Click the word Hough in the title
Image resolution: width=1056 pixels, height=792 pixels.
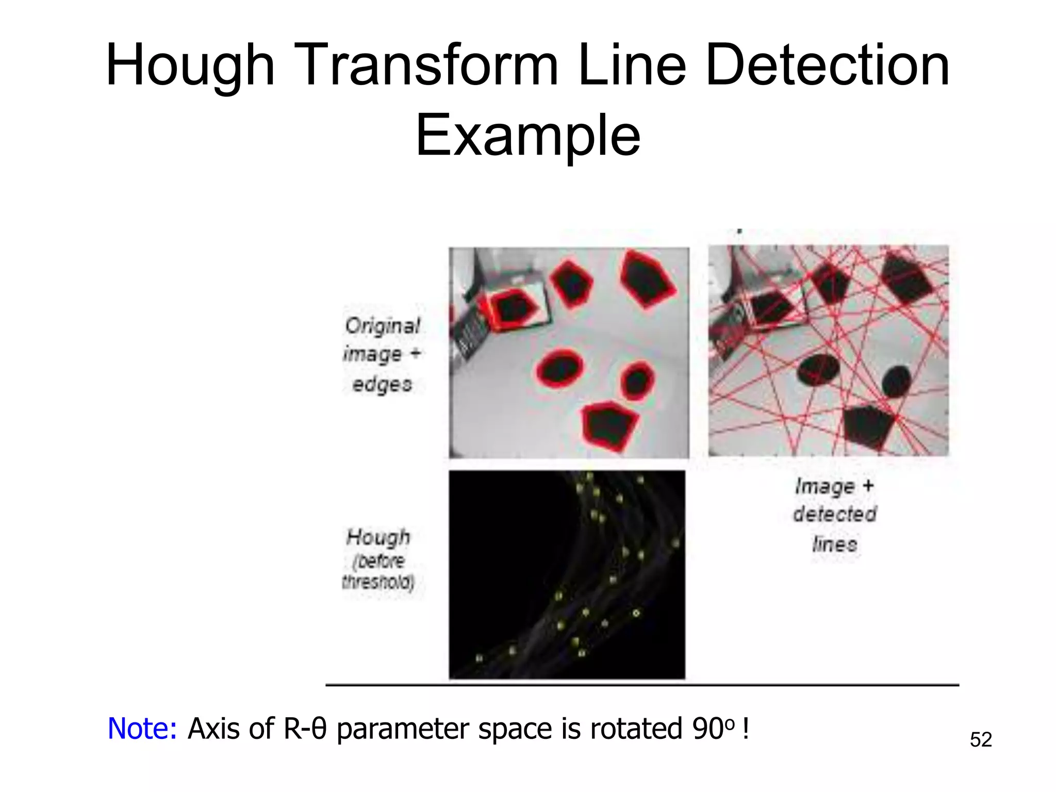pos(190,66)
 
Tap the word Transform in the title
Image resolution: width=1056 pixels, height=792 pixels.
pos(427,66)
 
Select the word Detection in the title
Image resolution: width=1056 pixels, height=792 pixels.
pos(827,66)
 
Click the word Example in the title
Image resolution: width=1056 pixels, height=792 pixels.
pos(528,136)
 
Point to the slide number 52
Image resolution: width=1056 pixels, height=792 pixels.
pos(980,740)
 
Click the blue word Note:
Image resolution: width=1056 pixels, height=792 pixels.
pos(142,729)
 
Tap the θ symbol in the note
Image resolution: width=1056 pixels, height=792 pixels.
pos(319,729)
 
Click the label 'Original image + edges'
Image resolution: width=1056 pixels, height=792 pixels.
pos(382,355)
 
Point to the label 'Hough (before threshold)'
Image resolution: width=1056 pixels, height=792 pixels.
pos(378,559)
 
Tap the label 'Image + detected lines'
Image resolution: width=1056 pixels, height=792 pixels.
pos(834,515)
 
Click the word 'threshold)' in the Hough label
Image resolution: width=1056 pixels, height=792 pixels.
pos(378,583)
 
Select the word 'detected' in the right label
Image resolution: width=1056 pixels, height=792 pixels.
pos(834,514)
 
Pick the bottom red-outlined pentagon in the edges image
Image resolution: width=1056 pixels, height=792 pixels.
pos(610,425)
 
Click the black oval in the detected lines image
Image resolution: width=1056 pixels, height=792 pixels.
pos(818,369)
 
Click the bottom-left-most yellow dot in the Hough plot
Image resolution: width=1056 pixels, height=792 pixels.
pos(479,658)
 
